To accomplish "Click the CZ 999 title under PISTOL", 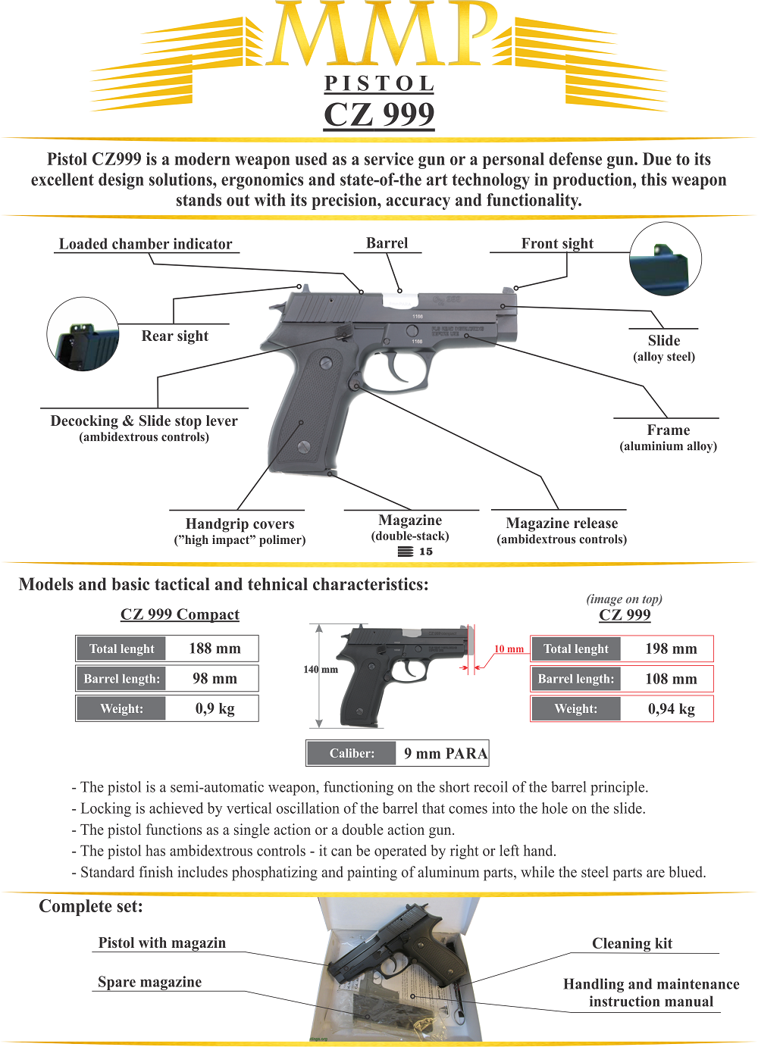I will (379, 114).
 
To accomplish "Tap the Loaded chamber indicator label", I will (146, 244).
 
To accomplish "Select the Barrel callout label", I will (387, 243).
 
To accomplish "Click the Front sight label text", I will (557, 243).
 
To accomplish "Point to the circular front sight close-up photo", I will (665, 259).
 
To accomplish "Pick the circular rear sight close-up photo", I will (83, 333).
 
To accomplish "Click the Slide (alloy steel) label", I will (664, 348).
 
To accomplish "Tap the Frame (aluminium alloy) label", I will (668, 437).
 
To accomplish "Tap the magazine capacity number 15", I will (426, 552).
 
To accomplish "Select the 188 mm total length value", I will (215, 649).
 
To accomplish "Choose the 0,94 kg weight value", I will (671, 709).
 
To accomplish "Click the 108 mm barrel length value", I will (671, 679).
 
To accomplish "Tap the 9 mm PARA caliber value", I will (445, 753).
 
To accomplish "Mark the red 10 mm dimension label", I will (509, 649).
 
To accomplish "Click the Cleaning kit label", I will (632, 943).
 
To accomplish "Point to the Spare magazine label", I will (150, 982).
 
